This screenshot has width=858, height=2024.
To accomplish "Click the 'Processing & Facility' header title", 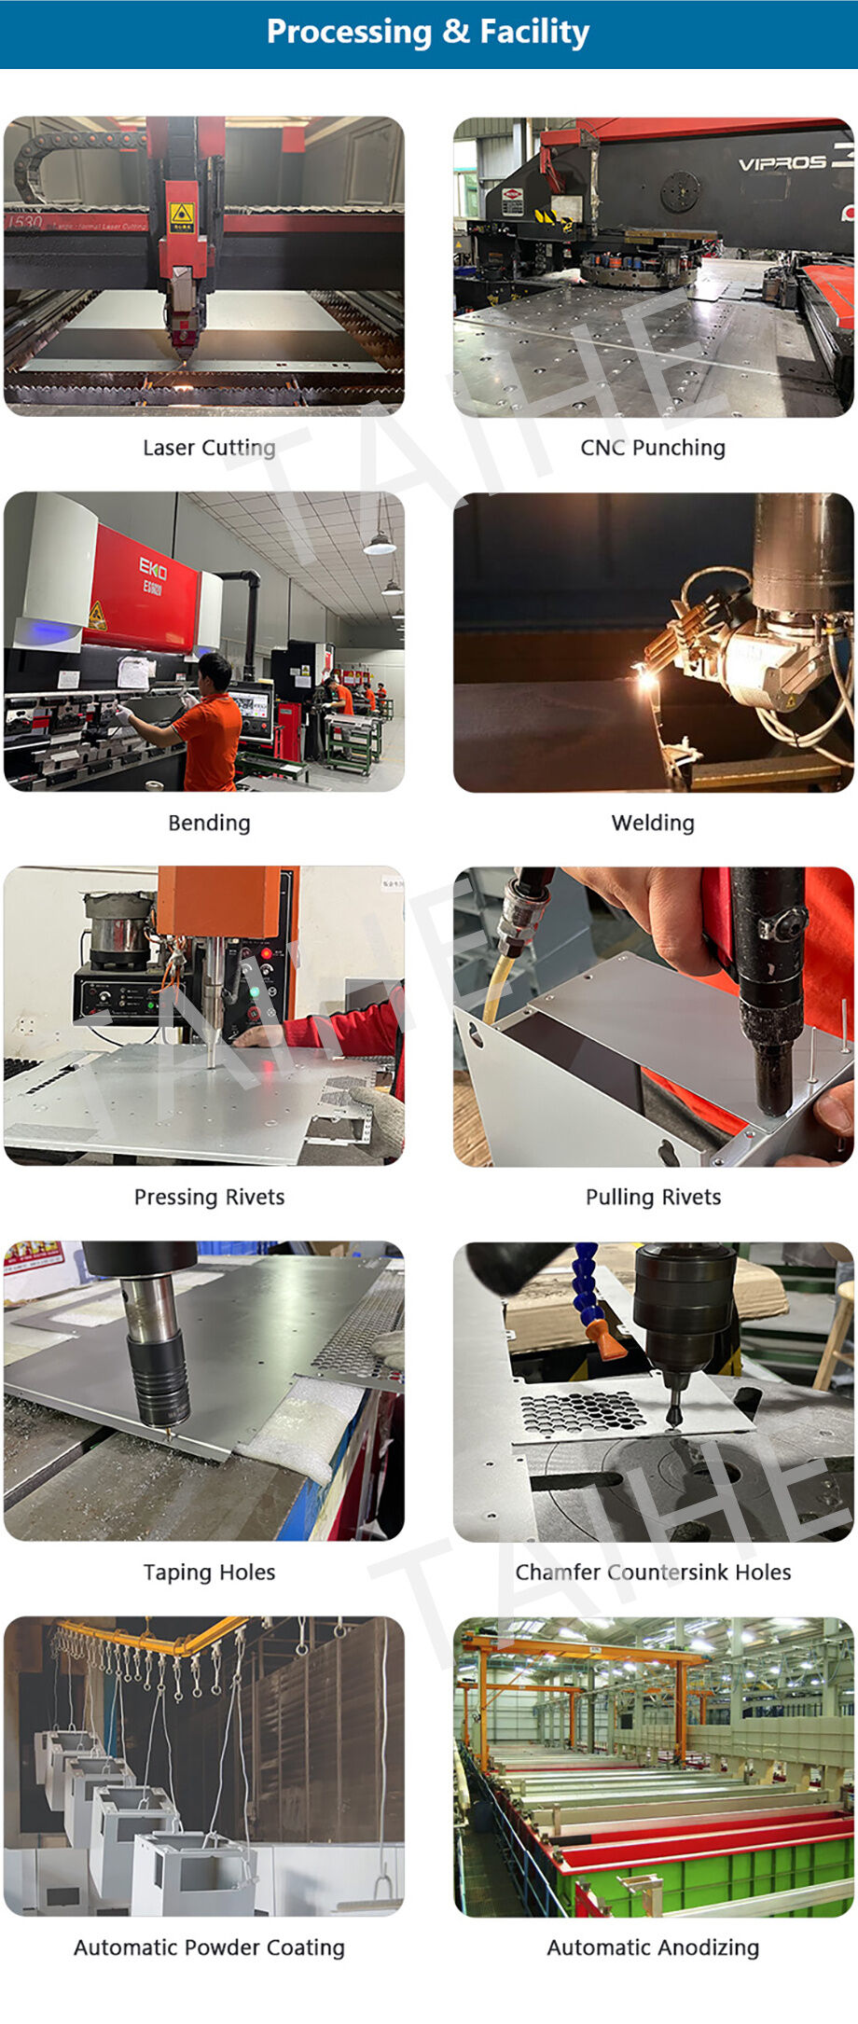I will click(x=428, y=32).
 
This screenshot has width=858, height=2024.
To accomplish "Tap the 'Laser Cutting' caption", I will click(x=209, y=448).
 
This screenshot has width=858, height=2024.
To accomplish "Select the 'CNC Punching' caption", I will click(x=653, y=448).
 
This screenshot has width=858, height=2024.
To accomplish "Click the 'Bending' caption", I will click(x=209, y=823).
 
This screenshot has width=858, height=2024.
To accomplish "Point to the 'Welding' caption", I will click(x=653, y=823).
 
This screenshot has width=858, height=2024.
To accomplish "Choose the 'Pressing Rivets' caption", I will click(x=209, y=1197).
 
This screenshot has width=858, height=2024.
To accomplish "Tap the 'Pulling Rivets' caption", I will click(x=653, y=1197).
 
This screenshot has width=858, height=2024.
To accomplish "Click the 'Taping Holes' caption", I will click(x=209, y=1572).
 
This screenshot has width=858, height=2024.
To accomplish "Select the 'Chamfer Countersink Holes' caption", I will click(x=653, y=1572).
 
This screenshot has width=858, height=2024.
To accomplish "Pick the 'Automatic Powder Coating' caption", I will click(x=209, y=1947).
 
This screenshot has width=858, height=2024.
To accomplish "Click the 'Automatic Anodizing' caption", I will click(x=653, y=1947).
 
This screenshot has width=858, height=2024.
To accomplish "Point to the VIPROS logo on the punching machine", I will click(x=783, y=162).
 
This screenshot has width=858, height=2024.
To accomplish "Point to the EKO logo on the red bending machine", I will click(x=153, y=568).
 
